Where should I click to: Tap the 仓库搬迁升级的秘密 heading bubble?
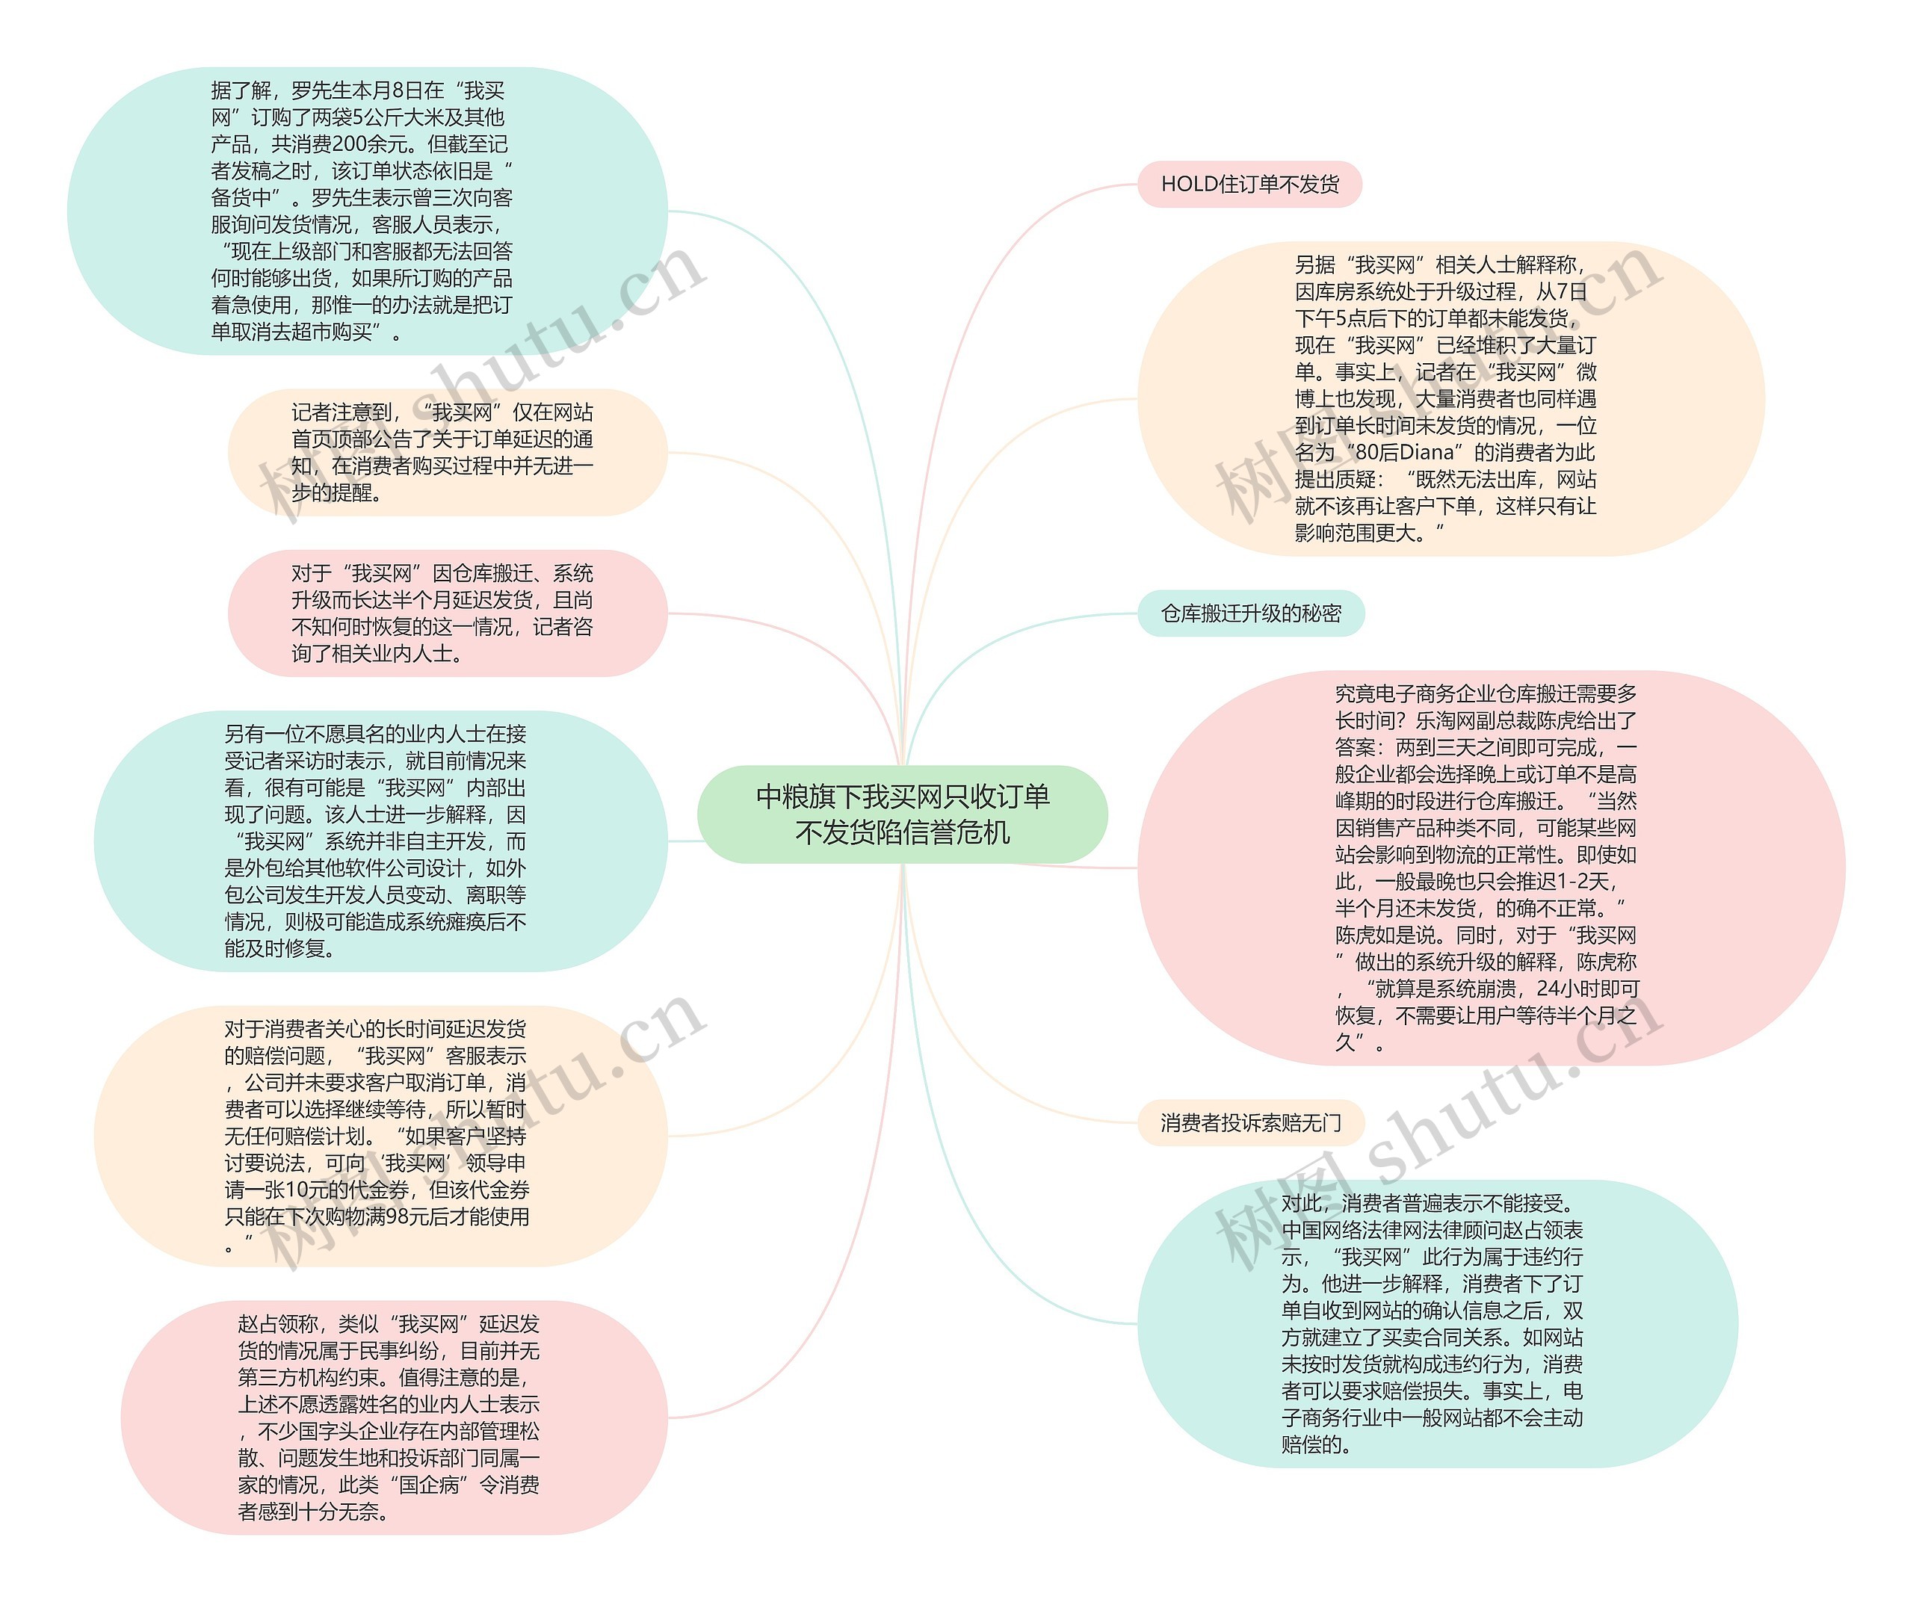pos(1251,613)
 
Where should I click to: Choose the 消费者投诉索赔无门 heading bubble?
pos(1251,1122)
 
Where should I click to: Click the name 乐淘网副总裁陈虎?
pos(1495,720)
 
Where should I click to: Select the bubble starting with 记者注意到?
pos(446,453)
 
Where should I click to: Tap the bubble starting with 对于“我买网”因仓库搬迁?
pos(446,613)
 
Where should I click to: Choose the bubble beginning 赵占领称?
pos(394,1417)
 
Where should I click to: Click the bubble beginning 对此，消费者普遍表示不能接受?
pos(1436,1323)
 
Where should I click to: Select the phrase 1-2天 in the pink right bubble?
pos(1581,881)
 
